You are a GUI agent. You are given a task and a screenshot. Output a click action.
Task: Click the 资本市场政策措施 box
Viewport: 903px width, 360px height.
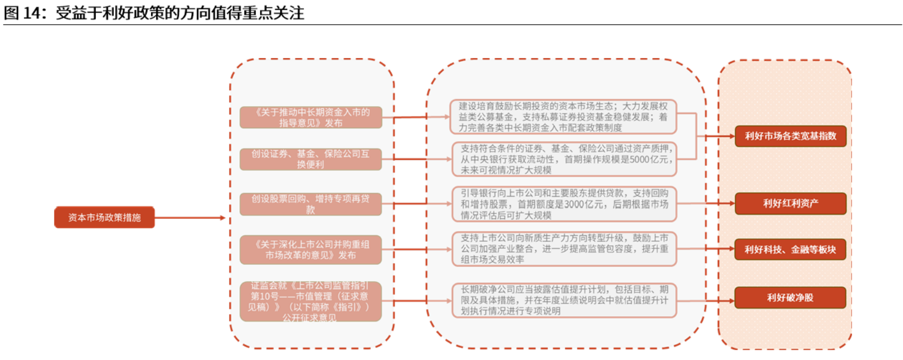[104, 217]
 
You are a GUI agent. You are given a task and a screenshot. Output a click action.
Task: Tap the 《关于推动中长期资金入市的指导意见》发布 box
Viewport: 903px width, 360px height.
[310, 118]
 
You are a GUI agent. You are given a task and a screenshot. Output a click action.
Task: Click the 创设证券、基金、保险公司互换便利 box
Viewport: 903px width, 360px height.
[310, 159]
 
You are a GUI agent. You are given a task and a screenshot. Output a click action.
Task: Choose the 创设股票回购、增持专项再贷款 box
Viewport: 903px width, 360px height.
[310, 204]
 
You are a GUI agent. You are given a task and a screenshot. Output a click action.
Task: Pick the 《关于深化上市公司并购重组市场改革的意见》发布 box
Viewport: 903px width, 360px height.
[310, 249]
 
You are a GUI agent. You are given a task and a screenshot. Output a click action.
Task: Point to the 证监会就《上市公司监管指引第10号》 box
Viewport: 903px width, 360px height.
[310, 301]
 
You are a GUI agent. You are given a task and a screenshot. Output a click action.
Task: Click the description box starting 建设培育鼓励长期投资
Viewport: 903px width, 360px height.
[563, 117]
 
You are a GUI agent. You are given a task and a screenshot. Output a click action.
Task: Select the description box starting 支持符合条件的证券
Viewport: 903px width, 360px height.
[564, 159]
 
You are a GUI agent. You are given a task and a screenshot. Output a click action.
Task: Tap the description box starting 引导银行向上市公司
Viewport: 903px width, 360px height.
[564, 204]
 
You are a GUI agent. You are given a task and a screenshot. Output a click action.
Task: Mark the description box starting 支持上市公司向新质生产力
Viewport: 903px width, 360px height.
[564, 249]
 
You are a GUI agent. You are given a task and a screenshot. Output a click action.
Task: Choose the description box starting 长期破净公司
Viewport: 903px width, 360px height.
[564, 300]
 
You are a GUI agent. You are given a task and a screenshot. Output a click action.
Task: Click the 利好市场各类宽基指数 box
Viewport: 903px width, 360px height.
[790, 136]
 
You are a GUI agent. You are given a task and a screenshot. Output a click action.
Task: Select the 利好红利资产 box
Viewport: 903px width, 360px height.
[790, 204]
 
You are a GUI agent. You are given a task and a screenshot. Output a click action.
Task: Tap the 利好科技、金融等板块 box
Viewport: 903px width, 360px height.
[790, 249]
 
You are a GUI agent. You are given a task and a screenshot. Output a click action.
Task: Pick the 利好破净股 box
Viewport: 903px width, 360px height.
[790, 298]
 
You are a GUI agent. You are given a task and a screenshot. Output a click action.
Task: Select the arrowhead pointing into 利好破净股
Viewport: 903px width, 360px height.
[731, 300]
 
